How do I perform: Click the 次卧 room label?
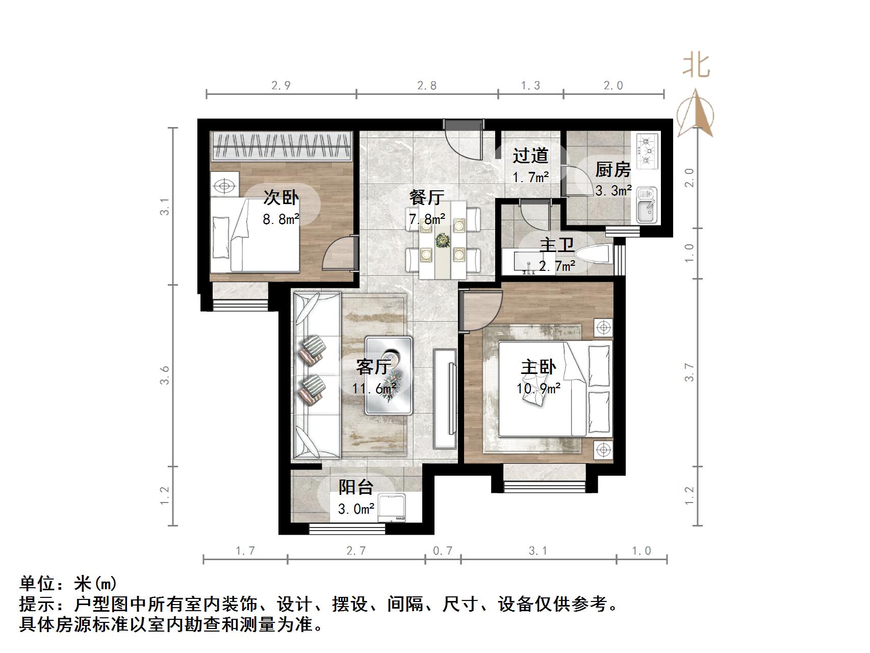tap(281, 198)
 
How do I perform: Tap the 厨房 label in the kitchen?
tap(613, 170)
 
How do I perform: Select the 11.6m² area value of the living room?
tap(374, 389)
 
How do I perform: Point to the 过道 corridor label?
tap(530, 156)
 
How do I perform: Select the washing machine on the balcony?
tap(392, 508)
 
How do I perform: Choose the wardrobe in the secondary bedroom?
tap(282, 145)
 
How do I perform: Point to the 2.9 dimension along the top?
tap(281, 86)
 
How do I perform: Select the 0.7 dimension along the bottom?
tap(443, 551)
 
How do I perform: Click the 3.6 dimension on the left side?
tap(164, 375)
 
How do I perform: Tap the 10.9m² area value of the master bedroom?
tap(539, 389)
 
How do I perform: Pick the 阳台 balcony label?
tap(356, 487)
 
